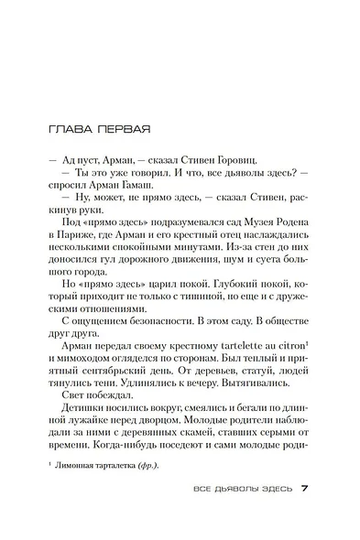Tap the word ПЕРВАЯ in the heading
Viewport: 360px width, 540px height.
[122, 127]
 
